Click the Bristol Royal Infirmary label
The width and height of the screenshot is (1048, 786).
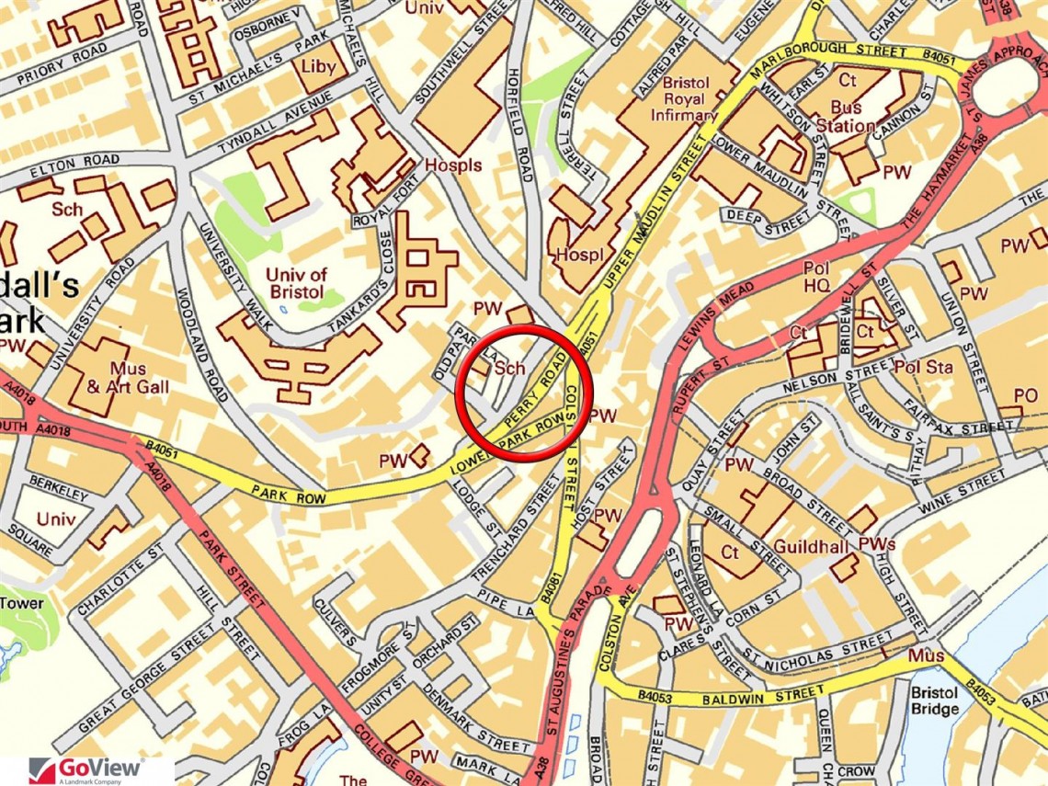[683, 97]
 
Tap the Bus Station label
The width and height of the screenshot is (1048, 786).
[846, 116]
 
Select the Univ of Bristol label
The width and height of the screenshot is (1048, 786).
[295, 282]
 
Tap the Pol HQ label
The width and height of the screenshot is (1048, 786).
[816, 278]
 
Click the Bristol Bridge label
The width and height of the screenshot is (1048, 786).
[935, 700]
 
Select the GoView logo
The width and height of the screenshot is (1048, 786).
[87, 769]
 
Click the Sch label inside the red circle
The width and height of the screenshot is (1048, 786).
[509, 369]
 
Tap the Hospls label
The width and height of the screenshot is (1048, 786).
[453, 165]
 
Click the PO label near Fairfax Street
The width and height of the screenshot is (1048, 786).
[1026, 394]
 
